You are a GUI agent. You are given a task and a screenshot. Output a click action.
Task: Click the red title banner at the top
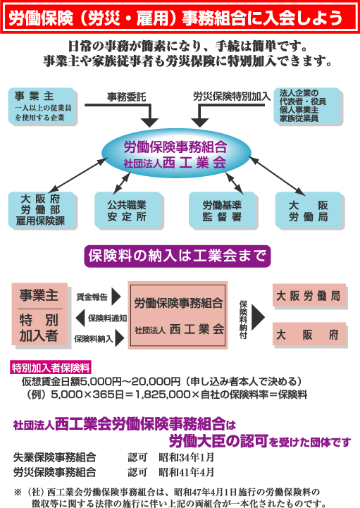click(x=180, y=17)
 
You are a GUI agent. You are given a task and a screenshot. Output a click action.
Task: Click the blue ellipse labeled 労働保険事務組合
click(x=176, y=153)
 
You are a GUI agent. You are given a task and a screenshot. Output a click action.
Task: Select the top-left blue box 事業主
click(x=42, y=106)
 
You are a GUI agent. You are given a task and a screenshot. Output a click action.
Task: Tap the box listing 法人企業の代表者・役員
click(x=307, y=106)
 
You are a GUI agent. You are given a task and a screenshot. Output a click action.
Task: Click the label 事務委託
click(x=127, y=97)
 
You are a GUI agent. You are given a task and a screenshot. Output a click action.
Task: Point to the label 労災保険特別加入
click(x=232, y=96)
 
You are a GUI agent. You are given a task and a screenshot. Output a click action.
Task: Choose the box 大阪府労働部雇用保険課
click(x=42, y=210)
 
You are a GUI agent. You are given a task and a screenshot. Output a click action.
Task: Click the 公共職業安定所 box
click(x=128, y=210)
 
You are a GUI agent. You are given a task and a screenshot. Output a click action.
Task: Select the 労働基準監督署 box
click(x=222, y=210)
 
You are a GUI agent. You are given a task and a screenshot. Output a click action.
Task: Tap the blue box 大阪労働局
click(x=309, y=210)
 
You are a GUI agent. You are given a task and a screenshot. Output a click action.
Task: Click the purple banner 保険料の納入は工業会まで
click(x=178, y=256)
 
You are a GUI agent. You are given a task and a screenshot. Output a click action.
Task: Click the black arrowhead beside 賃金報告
click(x=116, y=297)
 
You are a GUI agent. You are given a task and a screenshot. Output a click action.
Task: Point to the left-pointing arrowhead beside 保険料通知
click(x=80, y=318)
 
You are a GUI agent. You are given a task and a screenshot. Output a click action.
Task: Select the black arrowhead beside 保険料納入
click(x=120, y=339)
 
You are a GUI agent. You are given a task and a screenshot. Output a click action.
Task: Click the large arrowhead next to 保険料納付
click(x=258, y=318)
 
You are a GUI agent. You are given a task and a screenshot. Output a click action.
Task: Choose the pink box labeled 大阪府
click(x=309, y=334)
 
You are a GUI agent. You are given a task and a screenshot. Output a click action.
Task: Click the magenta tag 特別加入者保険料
click(x=50, y=368)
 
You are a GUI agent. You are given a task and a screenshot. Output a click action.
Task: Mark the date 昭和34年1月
click(x=186, y=457)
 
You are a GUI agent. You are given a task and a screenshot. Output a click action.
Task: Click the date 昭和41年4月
click(x=186, y=472)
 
